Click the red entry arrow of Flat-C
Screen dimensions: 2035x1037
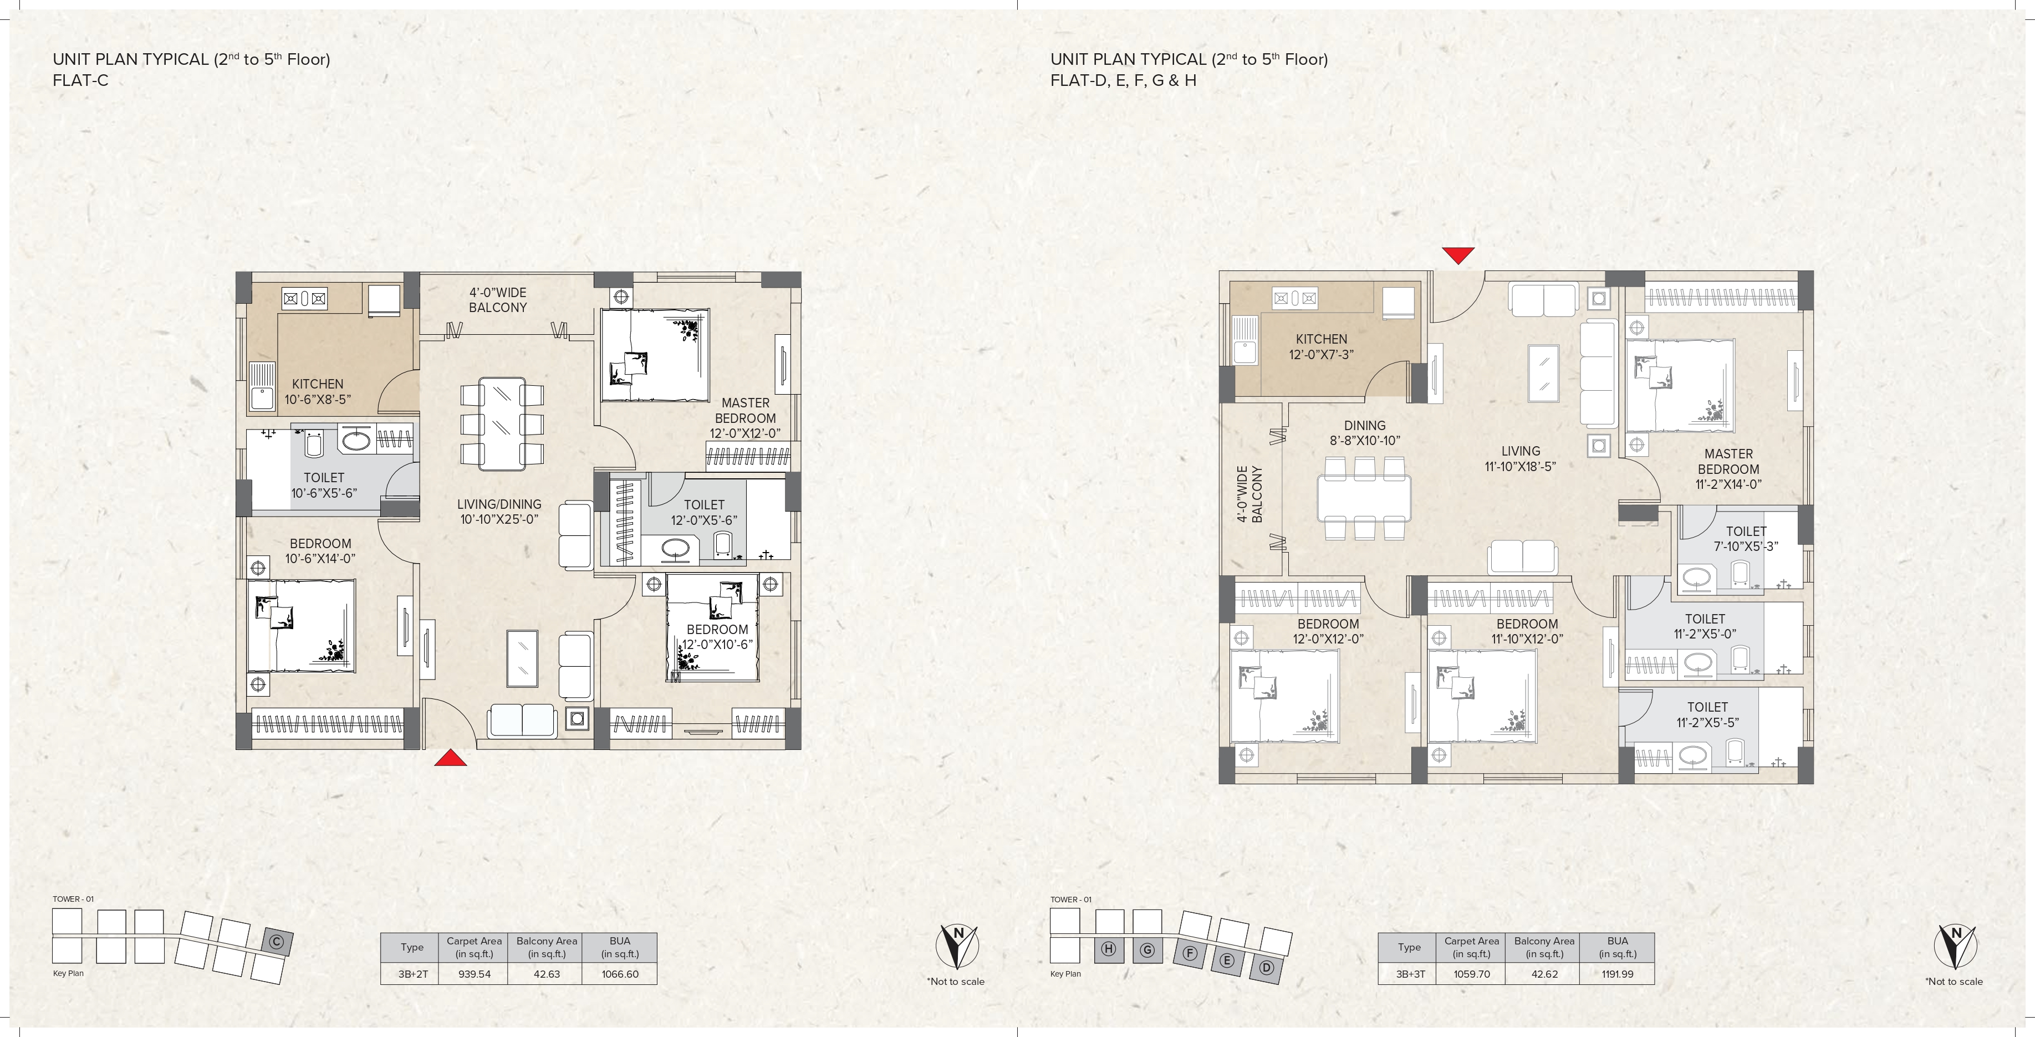tap(450, 758)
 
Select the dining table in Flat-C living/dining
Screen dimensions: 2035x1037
tap(502, 424)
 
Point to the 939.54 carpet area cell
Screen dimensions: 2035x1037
tap(474, 974)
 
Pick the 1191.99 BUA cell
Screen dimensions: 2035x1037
tap(1617, 974)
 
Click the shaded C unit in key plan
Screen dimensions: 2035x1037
tap(277, 942)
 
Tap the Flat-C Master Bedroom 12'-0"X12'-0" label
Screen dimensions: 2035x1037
tap(745, 418)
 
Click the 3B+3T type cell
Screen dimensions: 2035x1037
tap(1410, 974)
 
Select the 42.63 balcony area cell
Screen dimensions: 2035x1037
tap(547, 974)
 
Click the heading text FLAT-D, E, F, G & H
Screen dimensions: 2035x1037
tap(1123, 80)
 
